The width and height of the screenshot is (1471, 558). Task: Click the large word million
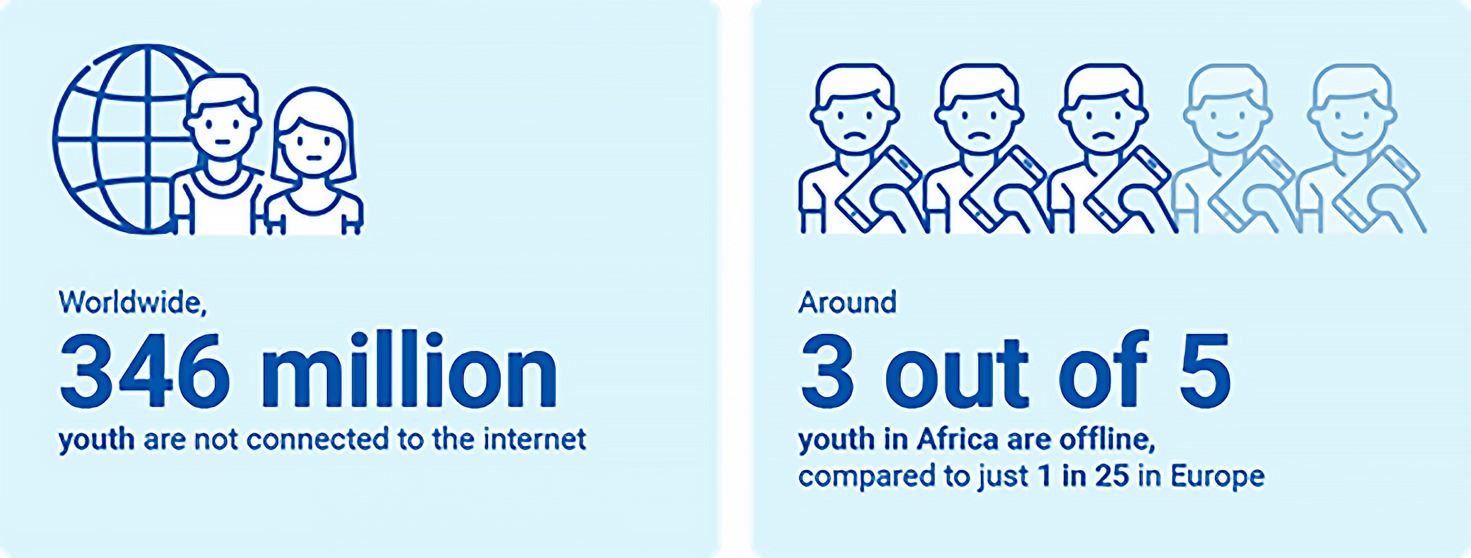tap(409, 370)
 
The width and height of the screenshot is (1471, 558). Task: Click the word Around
tap(847, 303)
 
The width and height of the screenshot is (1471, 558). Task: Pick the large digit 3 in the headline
tap(827, 370)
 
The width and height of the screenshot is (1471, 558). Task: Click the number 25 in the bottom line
tap(1111, 476)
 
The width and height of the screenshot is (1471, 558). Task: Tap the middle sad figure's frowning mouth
tap(979, 136)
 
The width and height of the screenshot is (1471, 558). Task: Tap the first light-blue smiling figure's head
tap(1228, 110)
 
